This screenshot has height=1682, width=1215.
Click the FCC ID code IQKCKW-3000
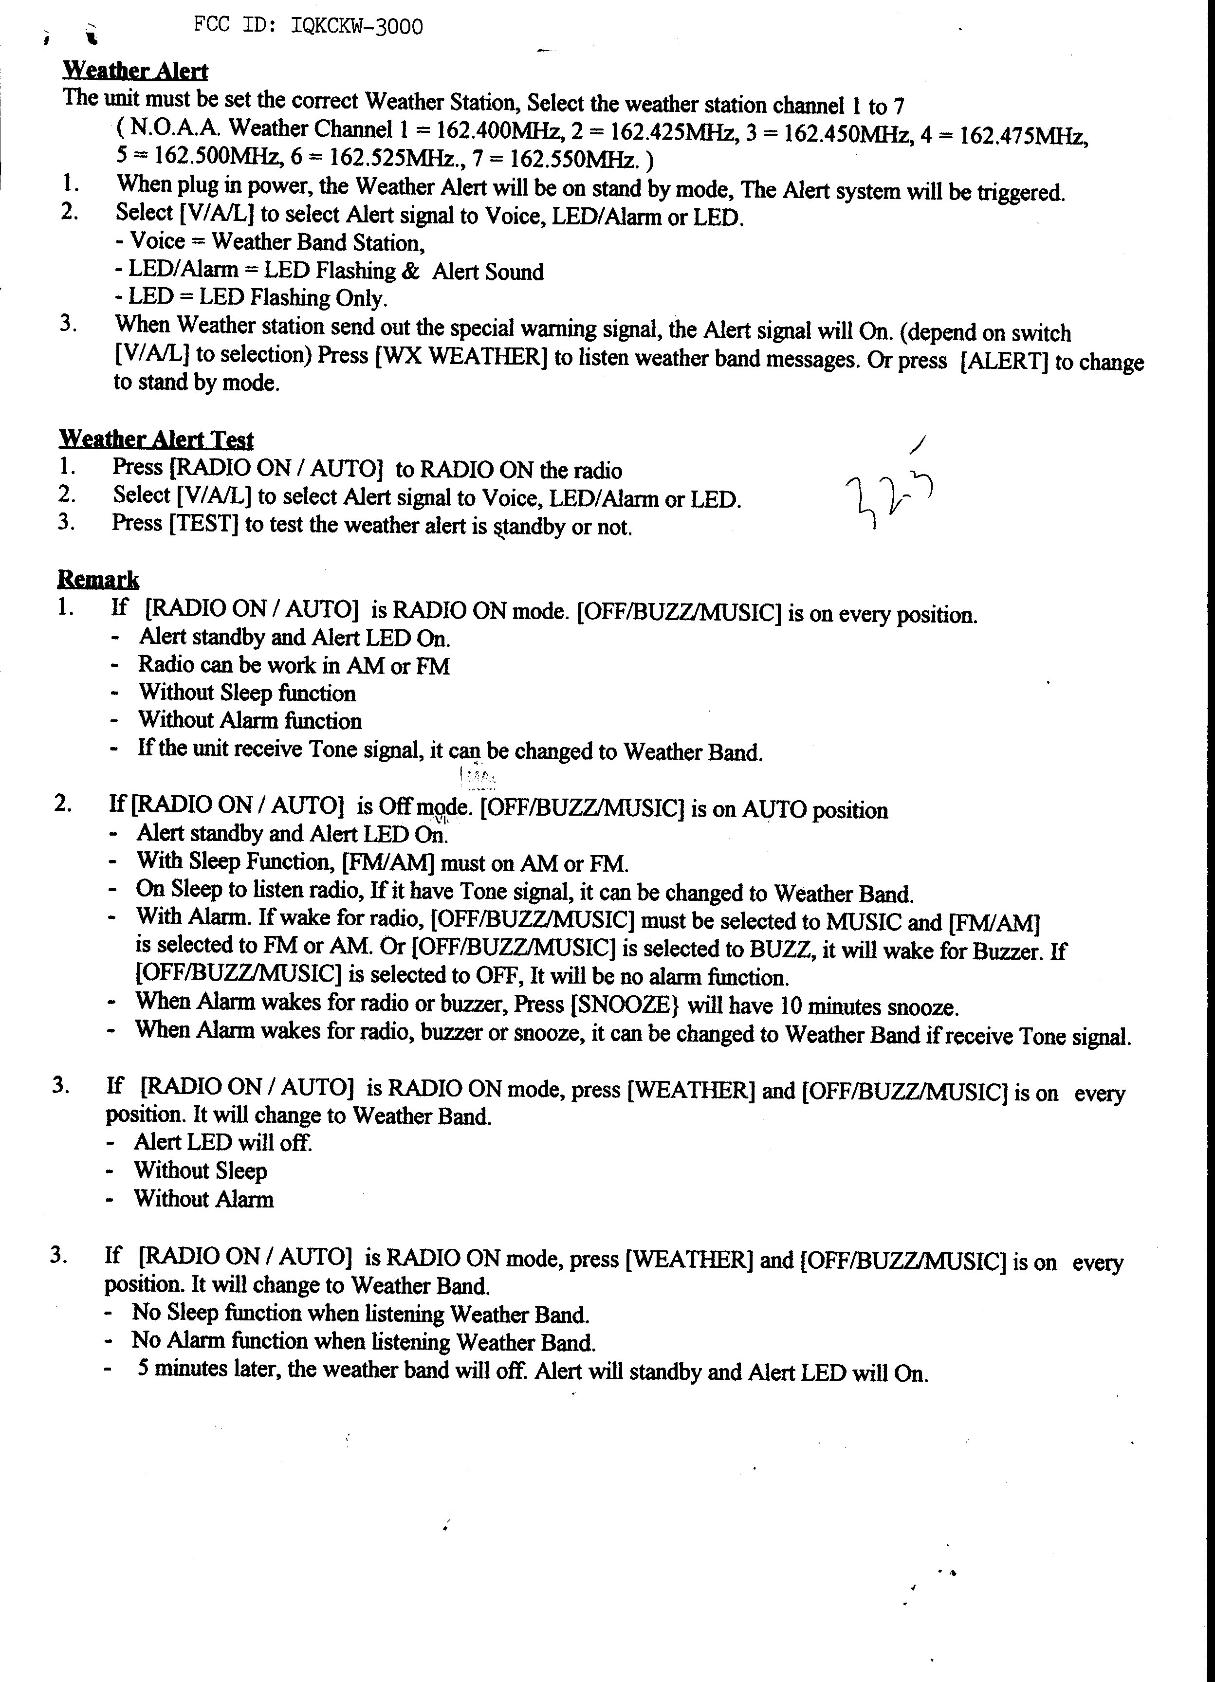(357, 27)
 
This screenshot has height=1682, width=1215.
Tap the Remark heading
(98, 579)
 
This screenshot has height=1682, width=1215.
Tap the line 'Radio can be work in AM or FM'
(294, 665)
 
